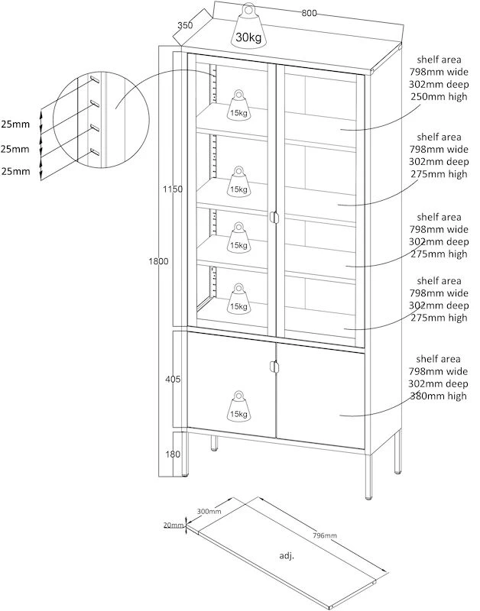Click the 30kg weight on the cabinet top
tap(248, 27)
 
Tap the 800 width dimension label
tap(309, 13)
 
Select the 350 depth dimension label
tap(184, 25)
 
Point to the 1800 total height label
tap(158, 262)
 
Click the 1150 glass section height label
tap(172, 189)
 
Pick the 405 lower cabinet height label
tap(173, 378)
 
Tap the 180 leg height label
tap(173, 454)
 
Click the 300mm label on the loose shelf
tap(209, 511)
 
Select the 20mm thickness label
tap(173, 525)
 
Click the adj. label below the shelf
tap(288, 555)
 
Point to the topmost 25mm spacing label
tap(15, 124)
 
